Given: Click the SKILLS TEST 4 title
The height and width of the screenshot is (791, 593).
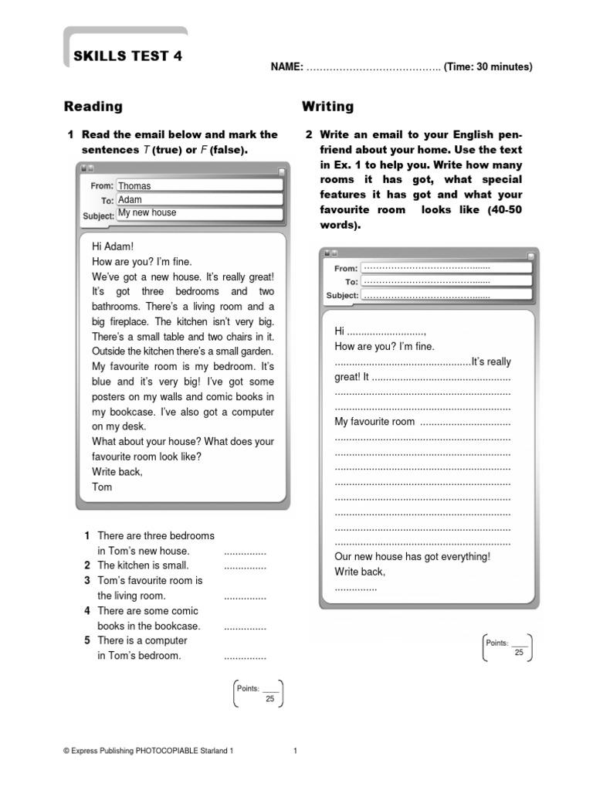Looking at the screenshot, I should click(128, 56).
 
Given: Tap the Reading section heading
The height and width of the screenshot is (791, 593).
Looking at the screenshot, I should click(93, 107).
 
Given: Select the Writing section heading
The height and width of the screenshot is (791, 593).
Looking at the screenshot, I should click(327, 107).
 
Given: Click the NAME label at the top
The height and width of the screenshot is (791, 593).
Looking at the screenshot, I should click(286, 67).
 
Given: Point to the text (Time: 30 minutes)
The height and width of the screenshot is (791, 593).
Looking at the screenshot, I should click(488, 67).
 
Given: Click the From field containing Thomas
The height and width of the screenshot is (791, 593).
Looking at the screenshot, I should click(198, 185).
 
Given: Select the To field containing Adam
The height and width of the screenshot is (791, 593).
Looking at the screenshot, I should click(198, 199).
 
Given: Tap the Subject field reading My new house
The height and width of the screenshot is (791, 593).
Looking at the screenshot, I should click(198, 213).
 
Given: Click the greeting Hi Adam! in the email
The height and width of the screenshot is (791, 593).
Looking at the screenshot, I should click(113, 246).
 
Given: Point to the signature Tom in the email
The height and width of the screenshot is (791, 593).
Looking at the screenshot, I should click(102, 487).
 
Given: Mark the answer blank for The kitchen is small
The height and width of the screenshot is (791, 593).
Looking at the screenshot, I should click(245, 566).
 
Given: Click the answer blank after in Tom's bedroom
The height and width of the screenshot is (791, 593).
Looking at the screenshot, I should click(245, 657).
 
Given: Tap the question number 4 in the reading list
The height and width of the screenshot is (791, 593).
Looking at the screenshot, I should click(88, 611).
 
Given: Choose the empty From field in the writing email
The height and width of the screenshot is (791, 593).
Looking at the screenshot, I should click(446, 268).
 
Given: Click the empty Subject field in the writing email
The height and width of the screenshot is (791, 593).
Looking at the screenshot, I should click(446, 295).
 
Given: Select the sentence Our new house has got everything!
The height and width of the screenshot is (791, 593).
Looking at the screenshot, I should click(412, 557).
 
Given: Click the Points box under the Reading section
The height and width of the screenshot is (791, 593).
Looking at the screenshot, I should click(258, 693).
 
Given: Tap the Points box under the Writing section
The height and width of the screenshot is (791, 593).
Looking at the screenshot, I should click(507, 647).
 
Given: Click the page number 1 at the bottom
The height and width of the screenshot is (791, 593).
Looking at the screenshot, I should click(296, 750).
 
